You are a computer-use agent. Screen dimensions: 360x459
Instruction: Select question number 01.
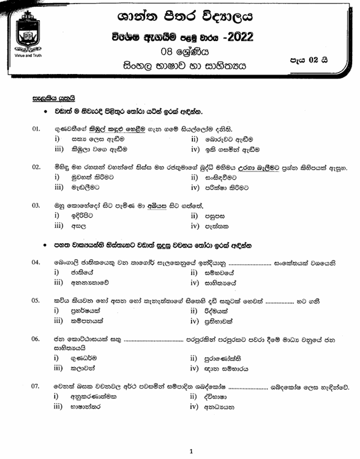(36, 129)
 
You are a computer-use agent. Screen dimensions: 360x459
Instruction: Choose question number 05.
(36, 300)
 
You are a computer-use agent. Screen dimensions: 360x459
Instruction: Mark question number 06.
(36, 339)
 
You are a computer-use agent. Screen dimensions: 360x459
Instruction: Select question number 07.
(36, 387)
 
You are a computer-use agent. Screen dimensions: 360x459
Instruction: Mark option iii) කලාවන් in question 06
(77, 368)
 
